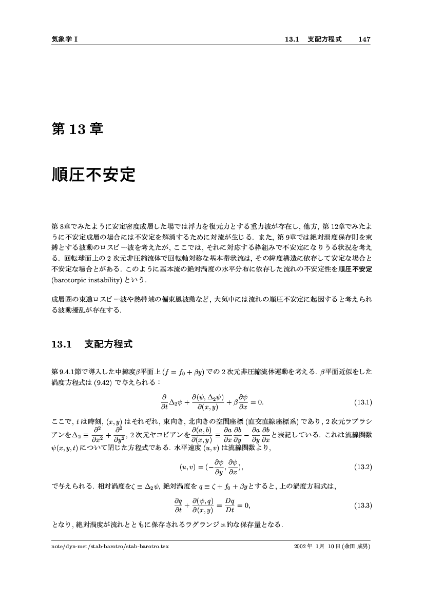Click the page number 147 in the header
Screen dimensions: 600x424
tap(364, 39)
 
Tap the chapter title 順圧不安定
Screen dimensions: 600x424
tap(93, 175)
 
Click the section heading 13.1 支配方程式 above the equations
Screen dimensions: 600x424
tap(92, 344)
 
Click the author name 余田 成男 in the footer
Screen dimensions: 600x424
tap(356, 547)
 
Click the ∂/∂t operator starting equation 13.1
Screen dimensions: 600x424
tap(164, 401)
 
